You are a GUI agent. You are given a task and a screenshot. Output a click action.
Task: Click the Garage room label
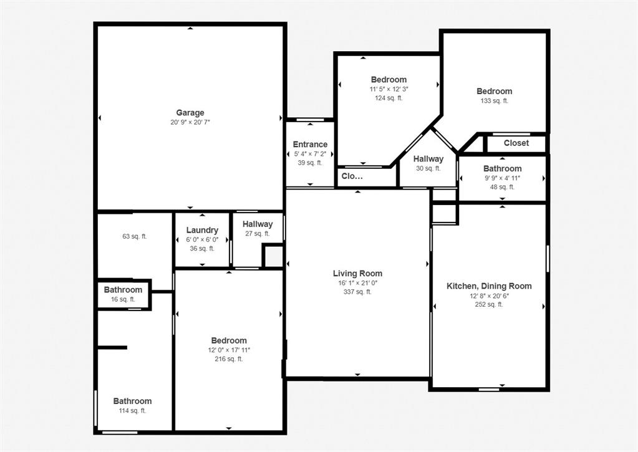(190, 113)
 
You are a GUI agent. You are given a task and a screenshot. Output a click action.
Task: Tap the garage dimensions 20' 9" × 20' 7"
(190, 122)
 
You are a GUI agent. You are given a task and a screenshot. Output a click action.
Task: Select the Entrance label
(310, 145)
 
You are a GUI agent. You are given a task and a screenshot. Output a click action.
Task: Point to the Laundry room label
(202, 230)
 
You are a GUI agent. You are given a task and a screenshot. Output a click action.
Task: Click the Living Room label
(357, 274)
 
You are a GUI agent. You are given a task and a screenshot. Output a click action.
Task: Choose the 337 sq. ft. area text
(357, 292)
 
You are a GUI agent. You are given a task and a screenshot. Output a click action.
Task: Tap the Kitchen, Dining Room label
(489, 286)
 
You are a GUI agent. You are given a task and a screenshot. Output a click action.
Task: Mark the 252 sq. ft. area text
(489, 305)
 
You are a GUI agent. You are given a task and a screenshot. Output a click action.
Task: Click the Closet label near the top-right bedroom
(516, 143)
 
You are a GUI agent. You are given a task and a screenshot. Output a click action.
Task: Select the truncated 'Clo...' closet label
(352, 176)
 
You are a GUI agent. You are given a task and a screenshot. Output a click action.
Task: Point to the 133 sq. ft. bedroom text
(494, 101)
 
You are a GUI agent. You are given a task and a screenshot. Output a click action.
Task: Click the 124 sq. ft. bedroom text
(389, 98)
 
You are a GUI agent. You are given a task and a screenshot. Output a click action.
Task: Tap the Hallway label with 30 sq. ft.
(428, 159)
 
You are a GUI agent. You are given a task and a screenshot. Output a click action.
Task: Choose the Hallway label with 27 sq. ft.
(258, 224)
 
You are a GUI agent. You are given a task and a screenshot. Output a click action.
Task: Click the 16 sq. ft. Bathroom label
(123, 290)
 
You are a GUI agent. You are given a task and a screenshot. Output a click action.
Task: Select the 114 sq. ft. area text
(132, 411)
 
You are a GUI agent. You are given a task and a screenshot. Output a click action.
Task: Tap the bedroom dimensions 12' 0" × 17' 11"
(229, 350)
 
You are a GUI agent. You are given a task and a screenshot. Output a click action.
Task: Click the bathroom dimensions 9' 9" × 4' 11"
(502, 178)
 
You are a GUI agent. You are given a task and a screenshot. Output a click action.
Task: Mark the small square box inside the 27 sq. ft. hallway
(273, 256)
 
